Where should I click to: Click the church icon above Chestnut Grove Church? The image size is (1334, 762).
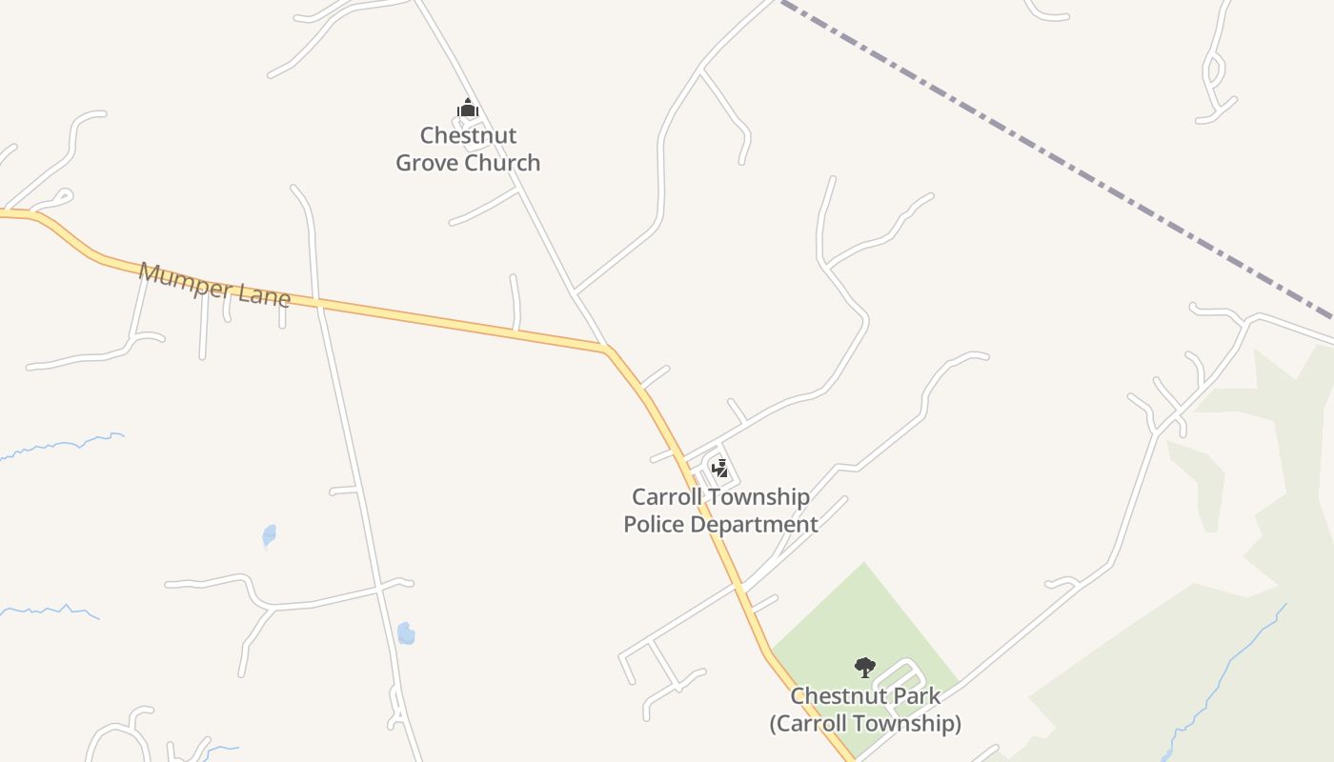467,109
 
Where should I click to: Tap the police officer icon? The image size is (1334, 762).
721,468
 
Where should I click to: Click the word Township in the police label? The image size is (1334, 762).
762,496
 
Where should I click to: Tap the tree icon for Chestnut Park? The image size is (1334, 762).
864,667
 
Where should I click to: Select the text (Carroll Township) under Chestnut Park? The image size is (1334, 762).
865,724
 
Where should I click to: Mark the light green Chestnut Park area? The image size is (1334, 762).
858,610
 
